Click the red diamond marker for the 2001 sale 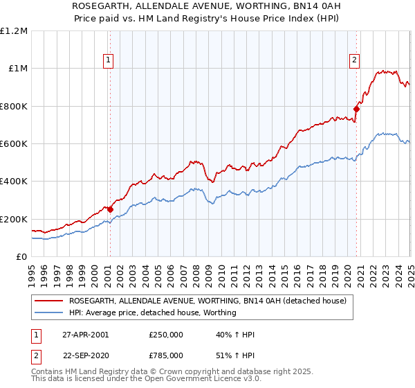click(110, 209)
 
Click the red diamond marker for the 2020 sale click(357, 108)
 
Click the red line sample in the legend click(49, 301)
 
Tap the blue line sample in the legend click(49, 312)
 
